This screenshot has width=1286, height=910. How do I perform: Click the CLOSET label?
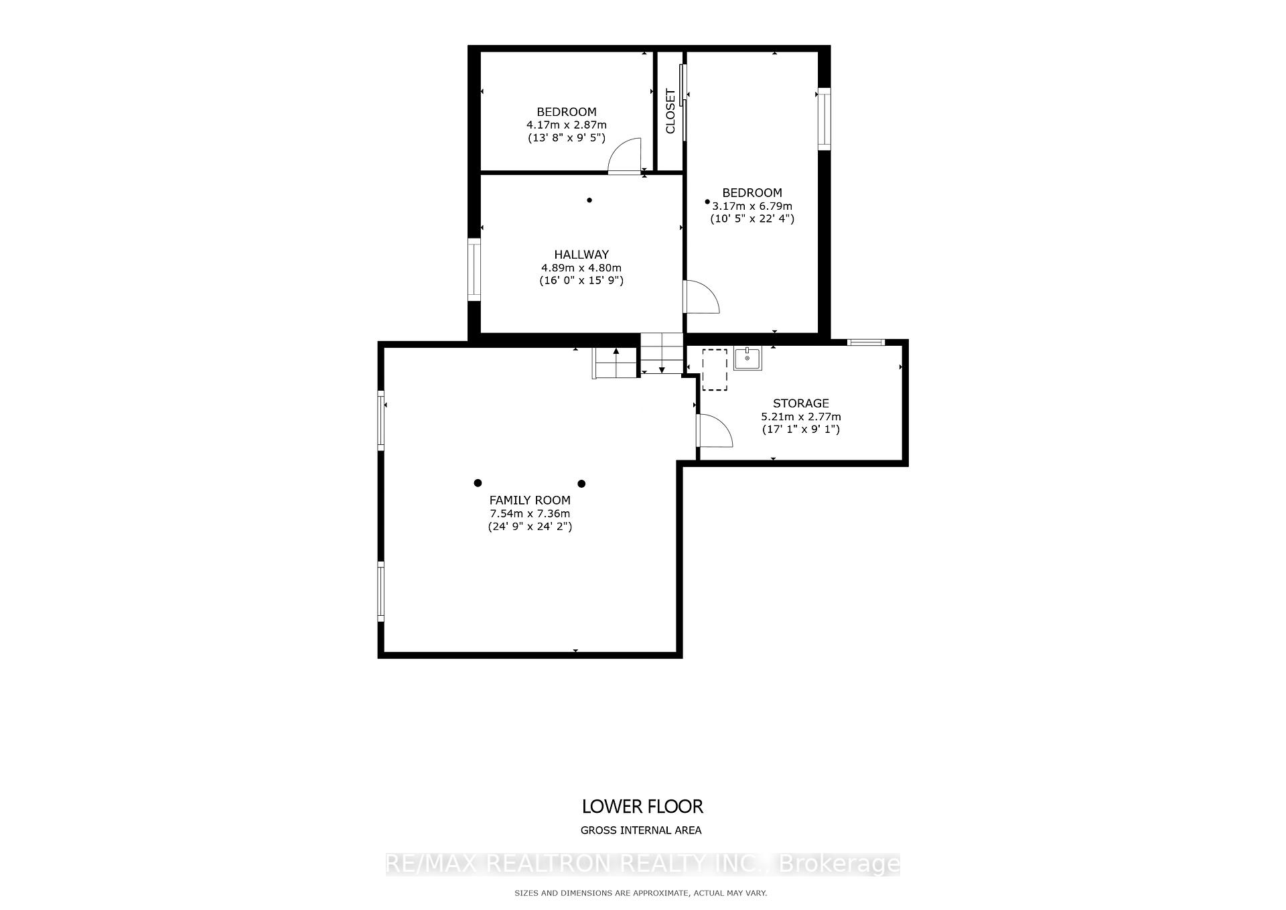(x=670, y=111)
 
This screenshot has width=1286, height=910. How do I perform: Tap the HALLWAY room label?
(x=581, y=255)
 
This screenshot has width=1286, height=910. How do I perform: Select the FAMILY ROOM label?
(x=530, y=500)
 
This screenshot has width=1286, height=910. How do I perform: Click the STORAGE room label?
(x=800, y=403)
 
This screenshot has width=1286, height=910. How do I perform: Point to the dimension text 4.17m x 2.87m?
(x=566, y=125)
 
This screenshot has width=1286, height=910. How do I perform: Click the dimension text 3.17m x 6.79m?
(x=752, y=206)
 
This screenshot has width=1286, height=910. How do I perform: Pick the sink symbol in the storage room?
(x=747, y=359)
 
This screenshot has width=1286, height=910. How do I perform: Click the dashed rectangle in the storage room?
(x=715, y=369)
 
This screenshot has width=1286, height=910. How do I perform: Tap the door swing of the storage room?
(x=713, y=431)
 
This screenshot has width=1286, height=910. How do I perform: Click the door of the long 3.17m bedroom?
(x=700, y=297)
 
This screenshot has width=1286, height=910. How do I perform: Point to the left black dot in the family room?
(x=478, y=482)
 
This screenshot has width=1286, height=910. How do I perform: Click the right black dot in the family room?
(x=581, y=483)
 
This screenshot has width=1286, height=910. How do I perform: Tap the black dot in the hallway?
(x=589, y=200)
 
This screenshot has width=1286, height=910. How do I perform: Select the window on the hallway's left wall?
(x=474, y=269)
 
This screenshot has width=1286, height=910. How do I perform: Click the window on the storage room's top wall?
(x=865, y=342)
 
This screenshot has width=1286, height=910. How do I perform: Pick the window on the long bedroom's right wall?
(x=824, y=119)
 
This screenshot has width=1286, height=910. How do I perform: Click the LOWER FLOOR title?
(x=642, y=806)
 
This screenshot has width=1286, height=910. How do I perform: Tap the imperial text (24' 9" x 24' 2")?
(x=530, y=527)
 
